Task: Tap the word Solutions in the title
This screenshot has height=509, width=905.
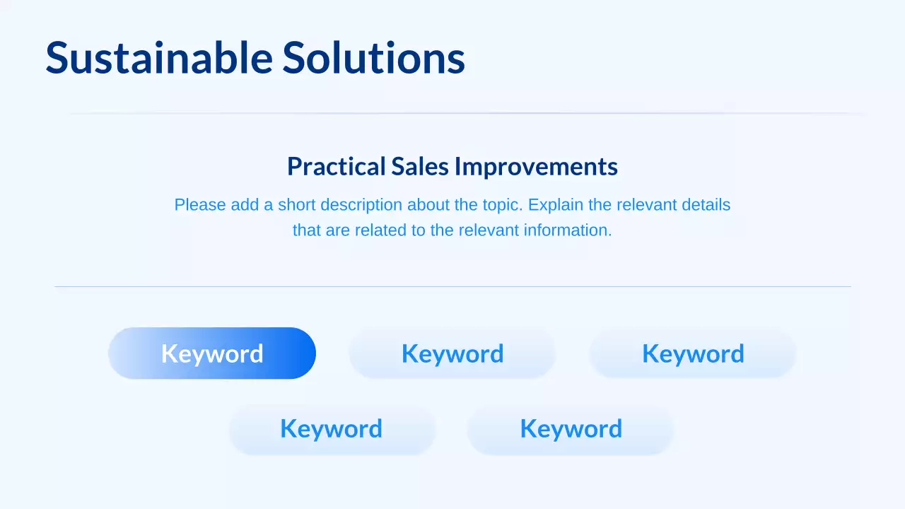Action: point(374,58)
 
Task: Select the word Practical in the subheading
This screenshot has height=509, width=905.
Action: point(337,167)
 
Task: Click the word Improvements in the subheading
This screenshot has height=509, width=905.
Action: point(536,167)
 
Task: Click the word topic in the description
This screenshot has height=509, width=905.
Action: point(501,205)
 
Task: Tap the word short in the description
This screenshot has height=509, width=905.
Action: point(297,205)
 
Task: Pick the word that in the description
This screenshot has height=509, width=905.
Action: point(307,230)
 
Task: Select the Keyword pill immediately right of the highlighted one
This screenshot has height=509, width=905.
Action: point(452,353)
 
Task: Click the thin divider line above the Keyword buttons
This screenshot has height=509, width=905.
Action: point(452,286)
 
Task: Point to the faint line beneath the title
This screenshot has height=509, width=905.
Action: point(467,113)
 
